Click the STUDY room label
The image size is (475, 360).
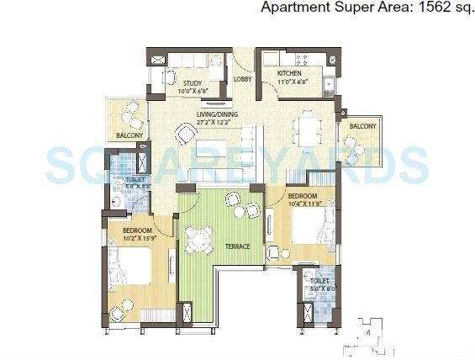click(x=191, y=82)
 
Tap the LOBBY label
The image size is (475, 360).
click(x=242, y=80)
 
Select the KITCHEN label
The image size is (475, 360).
click(x=289, y=74)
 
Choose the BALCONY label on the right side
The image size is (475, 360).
click(x=362, y=126)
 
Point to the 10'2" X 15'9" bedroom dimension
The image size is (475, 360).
click(x=137, y=238)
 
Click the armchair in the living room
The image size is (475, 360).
click(x=187, y=133)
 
